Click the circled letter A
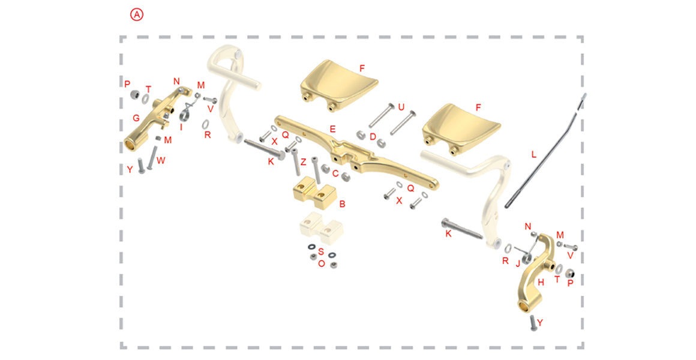[x=137, y=14]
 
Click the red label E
[x=332, y=130]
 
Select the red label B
[x=342, y=204]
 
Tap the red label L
[x=534, y=154]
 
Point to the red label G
[x=136, y=118]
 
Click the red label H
[x=541, y=283]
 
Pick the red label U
[x=401, y=107]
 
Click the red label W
[x=161, y=160]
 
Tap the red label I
[x=181, y=127]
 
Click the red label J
[x=518, y=263]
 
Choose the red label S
[x=322, y=252]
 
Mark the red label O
[x=322, y=263]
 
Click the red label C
[x=335, y=173]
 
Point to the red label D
[x=373, y=137]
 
